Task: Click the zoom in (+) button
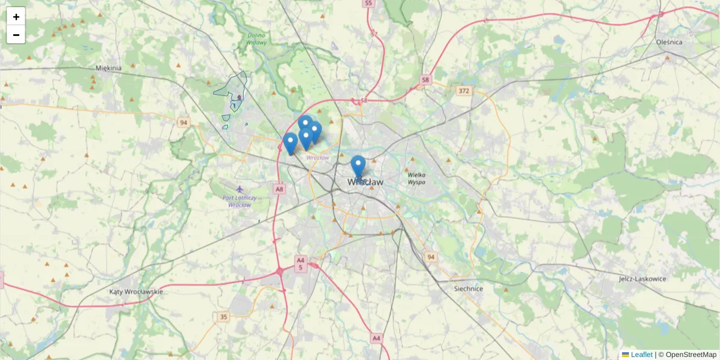pyautogui.click(x=16, y=16)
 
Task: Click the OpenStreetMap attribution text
pyautogui.click(x=691, y=355)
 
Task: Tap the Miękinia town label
pyautogui.click(x=108, y=68)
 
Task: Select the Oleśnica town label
pyautogui.click(x=670, y=42)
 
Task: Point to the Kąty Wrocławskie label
pyautogui.click(x=136, y=292)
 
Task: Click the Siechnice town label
pyautogui.click(x=469, y=289)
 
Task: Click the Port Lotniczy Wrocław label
pyautogui.click(x=239, y=201)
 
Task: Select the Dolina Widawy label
pyautogui.click(x=257, y=38)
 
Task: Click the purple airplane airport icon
pyautogui.click(x=240, y=189)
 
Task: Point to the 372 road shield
pyautogui.click(x=463, y=91)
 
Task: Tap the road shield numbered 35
pyautogui.click(x=224, y=316)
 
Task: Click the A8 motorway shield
pyautogui.click(x=279, y=189)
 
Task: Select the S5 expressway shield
pyautogui.click(x=368, y=4)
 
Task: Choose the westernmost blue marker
pyautogui.click(x=290, y=143)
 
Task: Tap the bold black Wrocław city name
pyautogui.click(x=365, y=182)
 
